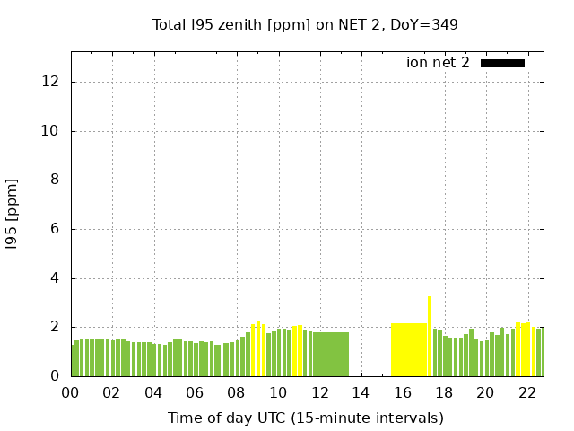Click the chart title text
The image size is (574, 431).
tap(305, 25)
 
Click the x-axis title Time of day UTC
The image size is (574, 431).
tap(305, 418)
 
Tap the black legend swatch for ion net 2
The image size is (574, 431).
tap(502, 63)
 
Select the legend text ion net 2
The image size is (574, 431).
tap(438, 63)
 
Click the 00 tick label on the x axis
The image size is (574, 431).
tap(71, 392)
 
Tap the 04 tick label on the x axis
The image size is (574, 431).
tap(153, 392)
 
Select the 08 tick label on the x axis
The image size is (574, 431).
tap(237, 392)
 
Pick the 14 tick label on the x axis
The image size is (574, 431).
tap(361, 392)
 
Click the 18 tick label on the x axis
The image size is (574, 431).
tap(444, 392)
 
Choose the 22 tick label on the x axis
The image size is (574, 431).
tap(526, 392)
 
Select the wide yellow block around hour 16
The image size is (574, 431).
tap(409, 350)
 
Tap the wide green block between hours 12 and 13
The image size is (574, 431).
tap(331, 355)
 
